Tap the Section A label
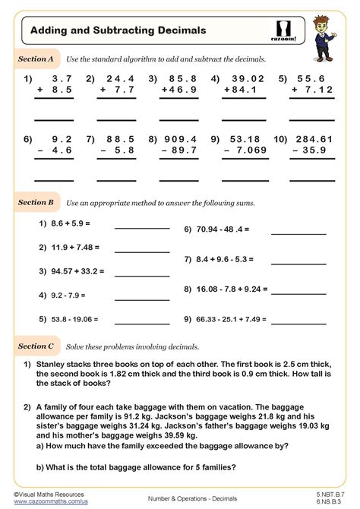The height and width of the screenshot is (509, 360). coord(36,58)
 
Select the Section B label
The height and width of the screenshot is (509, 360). coord(36,203)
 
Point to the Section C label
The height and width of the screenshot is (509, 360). coord(36,346)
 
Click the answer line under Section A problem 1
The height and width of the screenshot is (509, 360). coord(54,120)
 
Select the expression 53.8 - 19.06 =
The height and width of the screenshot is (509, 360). coord(71,320)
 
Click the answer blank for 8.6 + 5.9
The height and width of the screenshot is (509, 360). coord(142,228)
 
